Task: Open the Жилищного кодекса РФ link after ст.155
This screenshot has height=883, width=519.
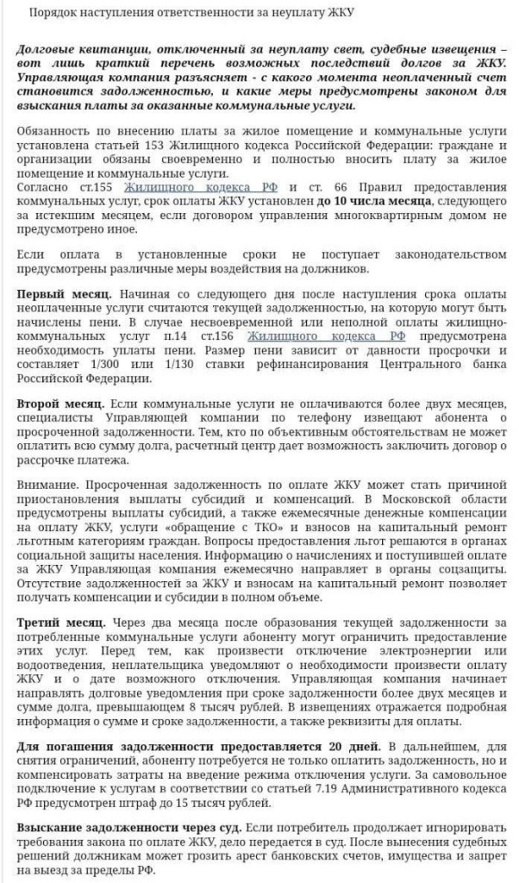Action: tap(200, 187)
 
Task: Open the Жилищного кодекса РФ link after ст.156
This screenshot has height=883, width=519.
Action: tap(301, 335)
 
